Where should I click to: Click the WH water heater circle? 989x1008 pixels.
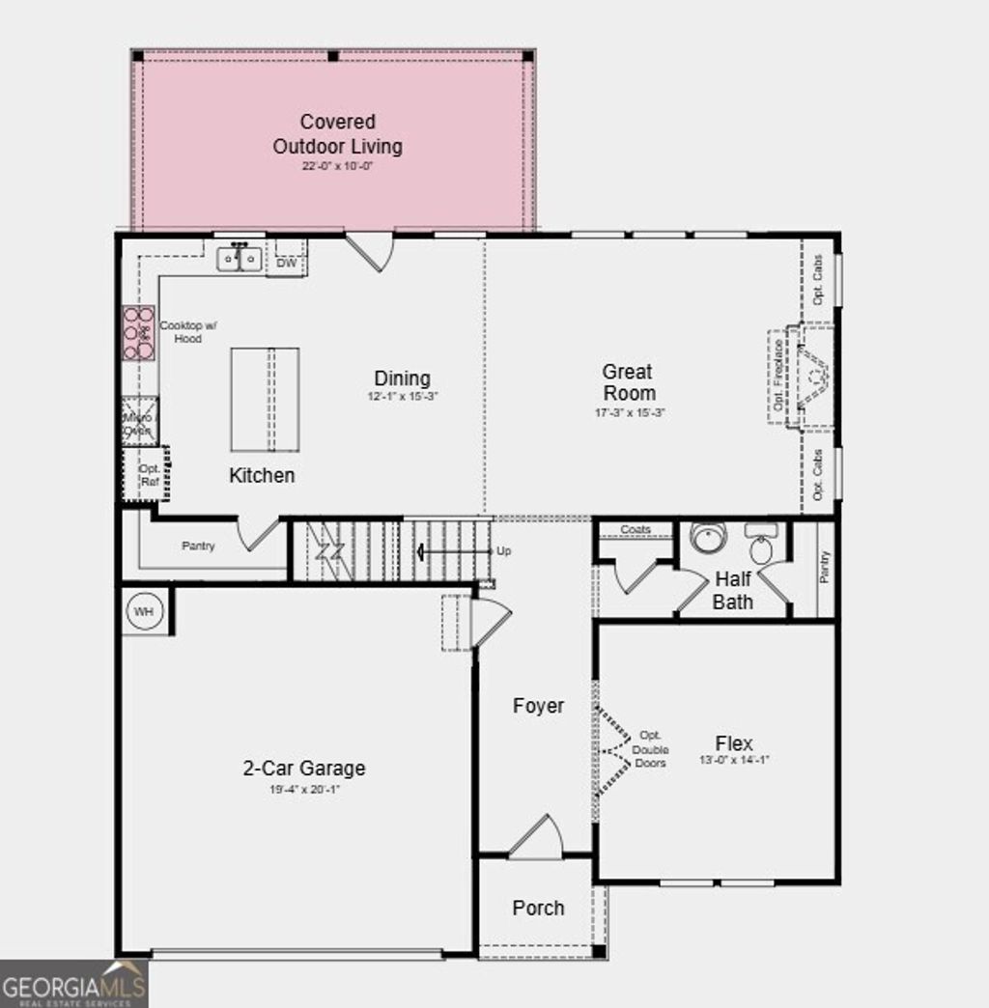click(x=144, y=611)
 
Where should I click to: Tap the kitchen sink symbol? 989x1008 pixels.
click(x=239, y=259)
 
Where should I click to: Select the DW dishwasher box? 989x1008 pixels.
click(x=286, y=262)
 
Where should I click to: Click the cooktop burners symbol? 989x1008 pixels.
click(x=138, y=333)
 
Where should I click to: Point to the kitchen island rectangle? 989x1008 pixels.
click(x=264, y=399)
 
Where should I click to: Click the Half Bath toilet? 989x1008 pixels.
click(x=762, y=546)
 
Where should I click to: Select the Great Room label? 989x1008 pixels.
click(x=628, y=382)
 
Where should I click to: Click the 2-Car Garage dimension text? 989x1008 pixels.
click(x=304, y=790)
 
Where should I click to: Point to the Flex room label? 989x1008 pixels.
click(x=734, y=743)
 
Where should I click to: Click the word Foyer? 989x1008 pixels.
click(x=538, y=706)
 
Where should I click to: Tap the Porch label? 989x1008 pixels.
click(x=538, y=908)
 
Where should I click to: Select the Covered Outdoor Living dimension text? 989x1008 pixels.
click(x=337, y=166)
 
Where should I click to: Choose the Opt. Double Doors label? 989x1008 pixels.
click(x=650, y=750)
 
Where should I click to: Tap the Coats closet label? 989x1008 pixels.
click(x=636, y=530)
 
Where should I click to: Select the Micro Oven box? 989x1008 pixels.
click(x=138, y=422)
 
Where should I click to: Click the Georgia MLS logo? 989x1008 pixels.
click(x=73, y=985)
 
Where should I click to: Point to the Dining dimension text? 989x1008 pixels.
click(x=403, y=397)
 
